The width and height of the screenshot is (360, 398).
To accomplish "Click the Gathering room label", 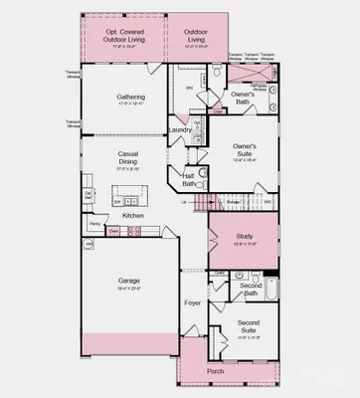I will [129, 97].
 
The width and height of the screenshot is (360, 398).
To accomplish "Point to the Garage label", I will [129, 280].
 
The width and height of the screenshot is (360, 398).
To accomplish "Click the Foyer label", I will [193, 302].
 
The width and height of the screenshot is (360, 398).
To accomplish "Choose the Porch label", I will [215, 371].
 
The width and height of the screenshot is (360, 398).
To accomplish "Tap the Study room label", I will [245, 237].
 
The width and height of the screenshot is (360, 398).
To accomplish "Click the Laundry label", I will [180, 129].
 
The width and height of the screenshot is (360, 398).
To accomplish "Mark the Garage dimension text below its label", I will [129, 290].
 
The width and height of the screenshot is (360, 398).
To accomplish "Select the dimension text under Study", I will [245, 245].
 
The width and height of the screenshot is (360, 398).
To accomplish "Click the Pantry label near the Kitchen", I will [92, 225].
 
